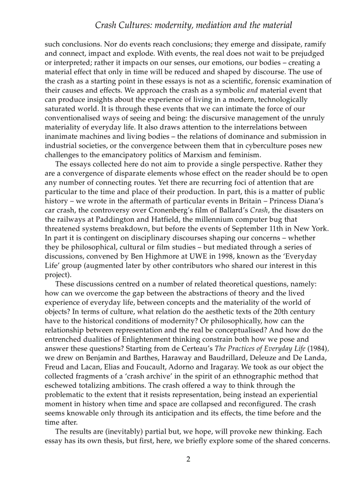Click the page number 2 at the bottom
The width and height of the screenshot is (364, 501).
[188, 459]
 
